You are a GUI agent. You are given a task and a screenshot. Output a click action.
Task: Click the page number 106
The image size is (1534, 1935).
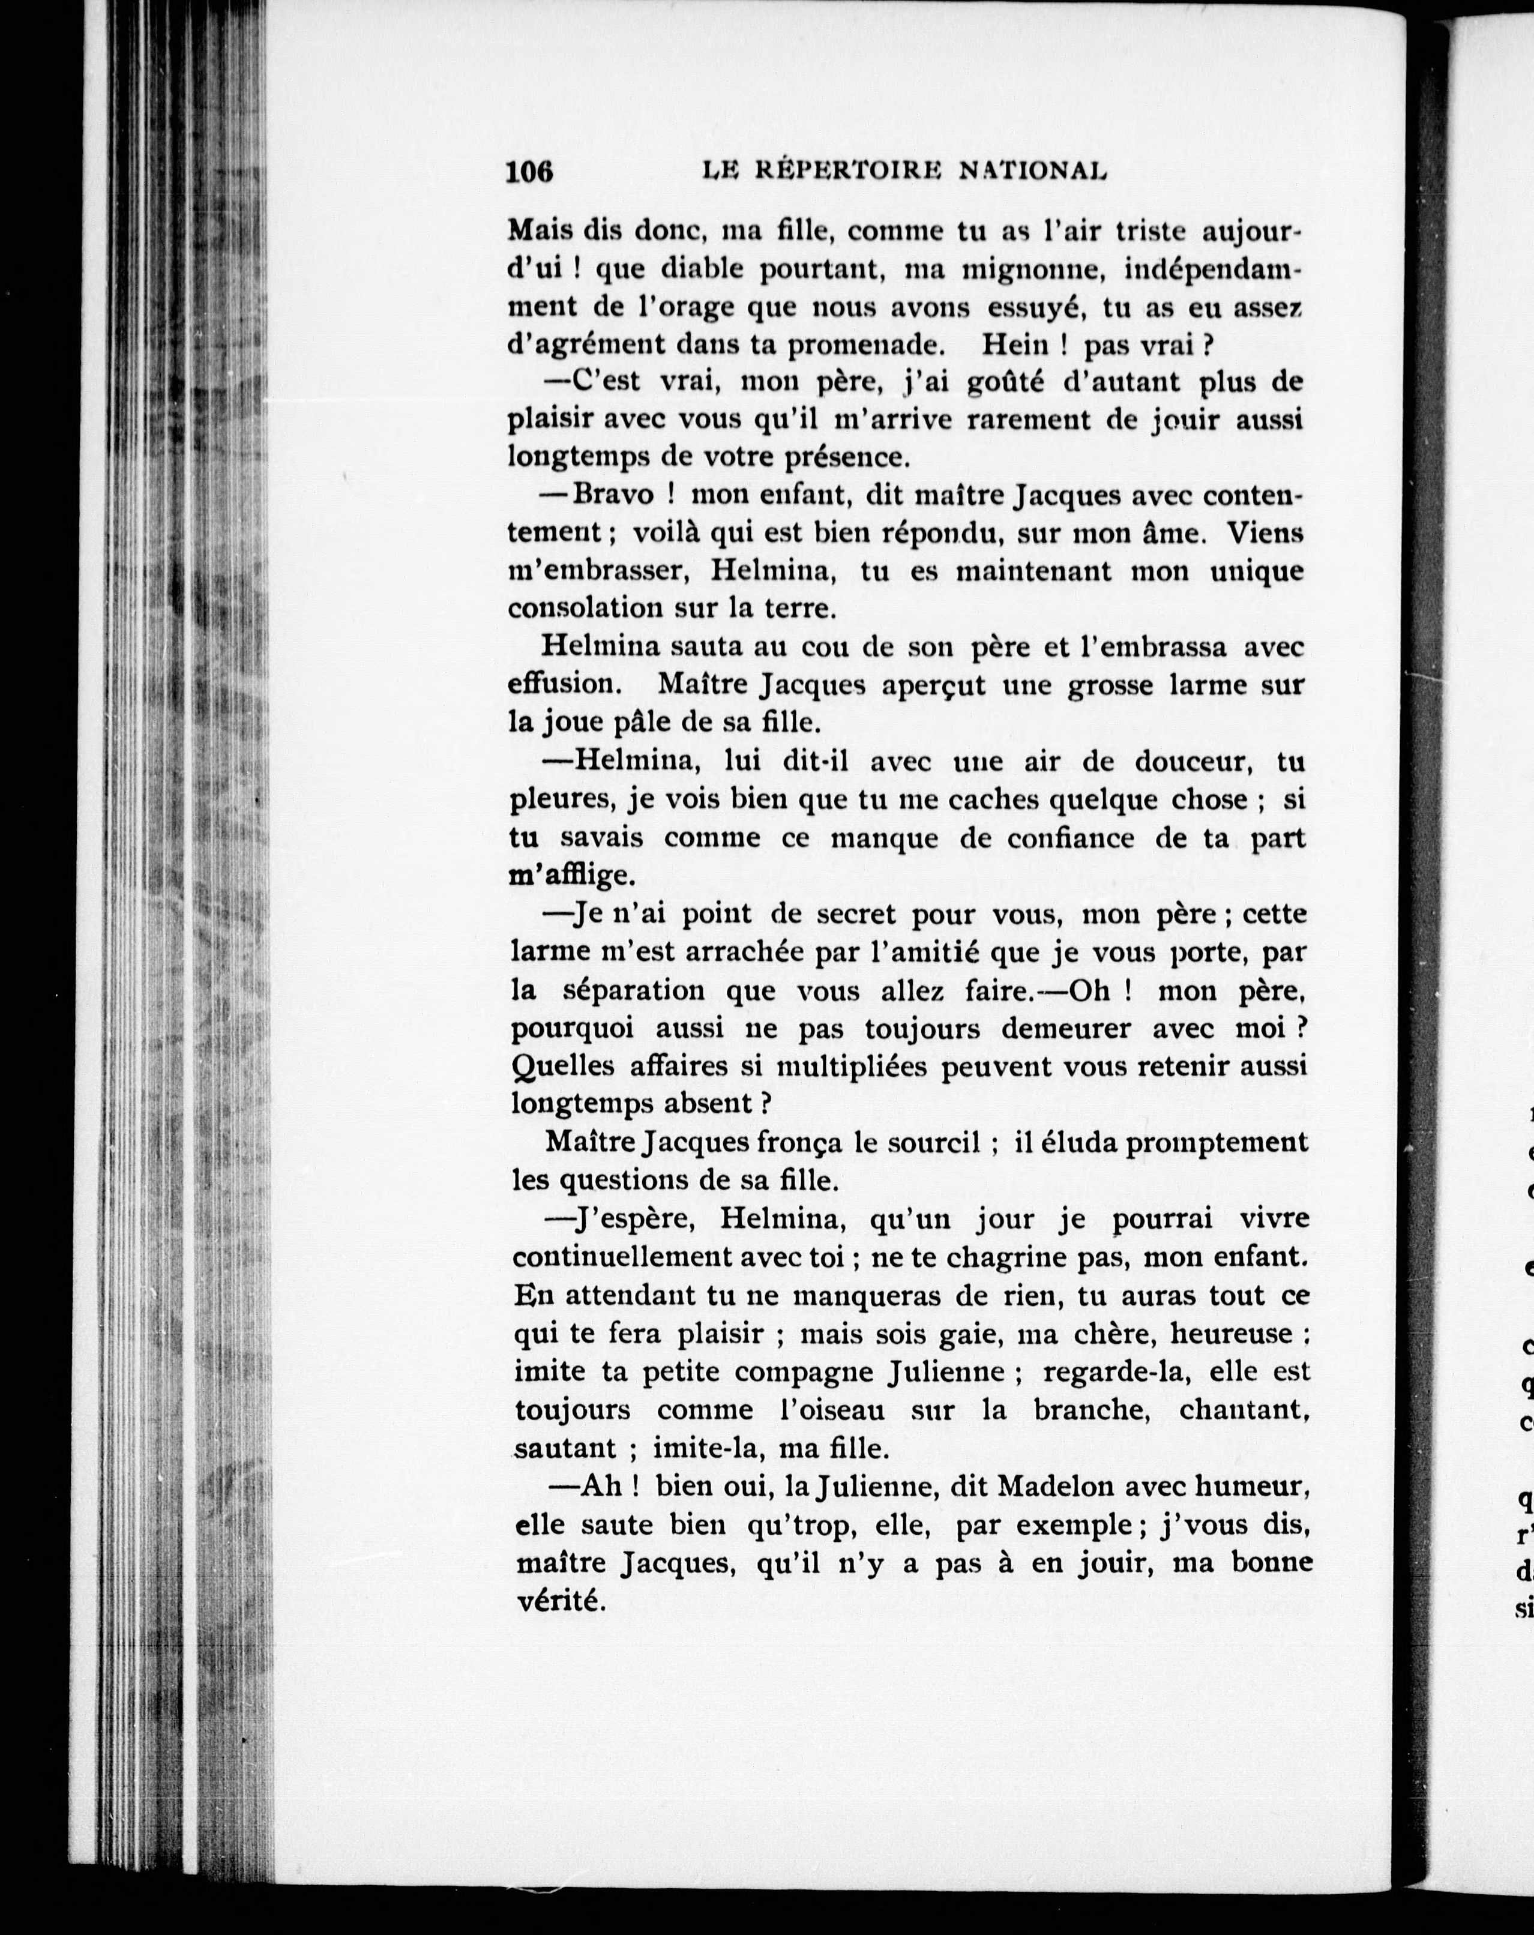[529, 170]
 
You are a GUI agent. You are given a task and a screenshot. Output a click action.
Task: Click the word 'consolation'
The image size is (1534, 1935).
[592, 609]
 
